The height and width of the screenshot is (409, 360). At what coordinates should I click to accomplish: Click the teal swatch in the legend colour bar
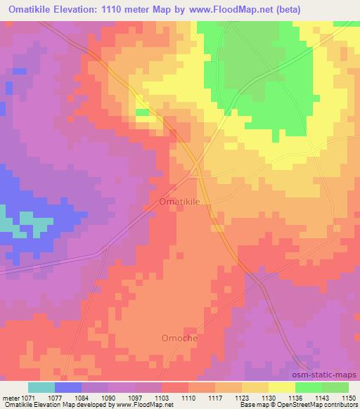(x=41, y=388)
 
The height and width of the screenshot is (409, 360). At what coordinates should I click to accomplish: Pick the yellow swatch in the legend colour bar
(x=281, y=388)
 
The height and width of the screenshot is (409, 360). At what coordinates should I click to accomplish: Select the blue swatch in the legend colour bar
(x=68, y=388)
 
